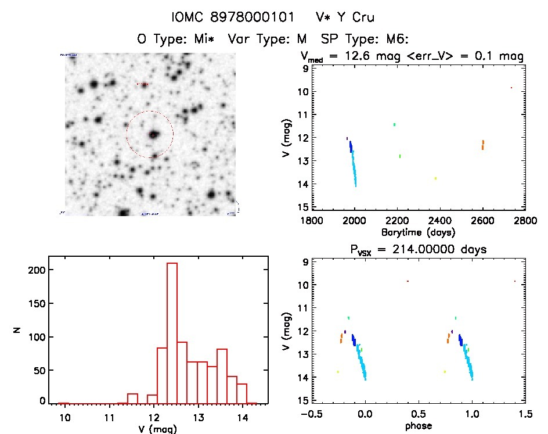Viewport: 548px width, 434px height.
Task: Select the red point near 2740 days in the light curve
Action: tap(511, 88)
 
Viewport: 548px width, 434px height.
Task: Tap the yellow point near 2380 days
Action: tap(435, 178)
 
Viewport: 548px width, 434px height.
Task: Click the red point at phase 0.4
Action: tap(408, 281)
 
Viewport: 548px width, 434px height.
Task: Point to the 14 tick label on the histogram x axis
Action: tap(242, 417)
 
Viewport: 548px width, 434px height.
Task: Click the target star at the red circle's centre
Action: tap(153, 135)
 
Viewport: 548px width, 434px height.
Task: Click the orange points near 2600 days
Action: tap(482, 145)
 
